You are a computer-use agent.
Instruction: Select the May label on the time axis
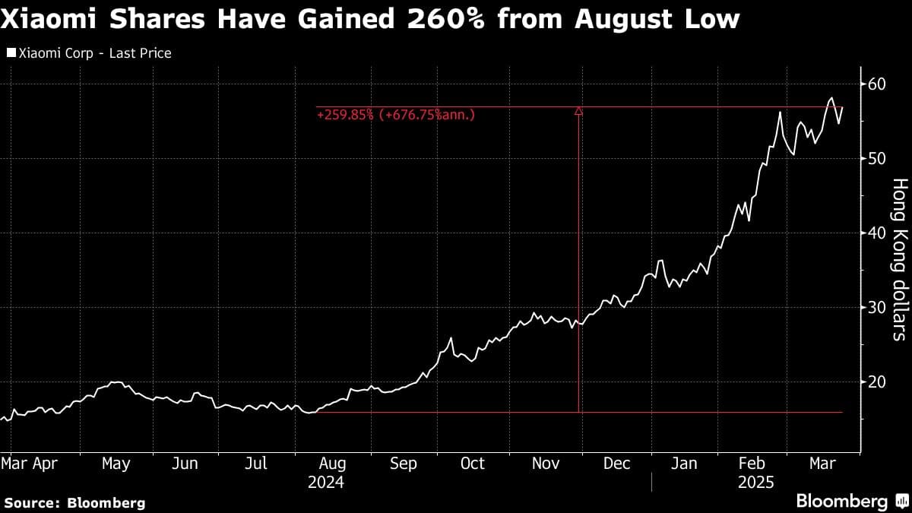click(116, 463)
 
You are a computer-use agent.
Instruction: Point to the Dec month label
click(616, 463)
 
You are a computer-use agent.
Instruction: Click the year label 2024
click(326, 483)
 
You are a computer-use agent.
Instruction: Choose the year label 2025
click(755, 483)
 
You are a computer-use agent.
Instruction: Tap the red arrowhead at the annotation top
click(578, 111)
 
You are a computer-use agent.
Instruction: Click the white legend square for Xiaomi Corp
click(11, 53)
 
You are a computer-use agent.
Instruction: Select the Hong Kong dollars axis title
click(898, 258)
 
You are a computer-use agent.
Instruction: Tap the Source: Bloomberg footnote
click(74, 502)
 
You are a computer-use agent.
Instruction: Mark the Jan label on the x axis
click(685, 463)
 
